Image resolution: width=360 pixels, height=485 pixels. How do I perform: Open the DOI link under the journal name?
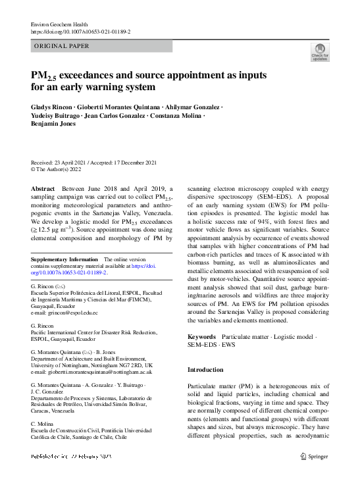tap(80, 32)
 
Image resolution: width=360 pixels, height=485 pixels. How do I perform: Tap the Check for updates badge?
tap(319, 52)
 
